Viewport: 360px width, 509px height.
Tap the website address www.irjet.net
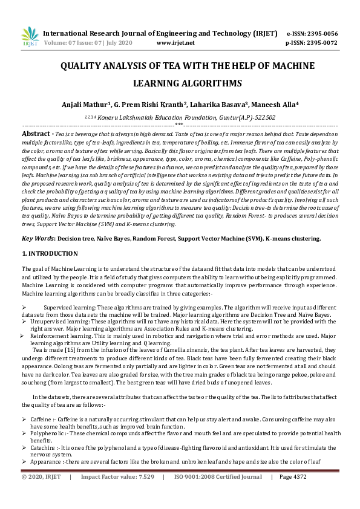pyautogui.click(x=175, y=44)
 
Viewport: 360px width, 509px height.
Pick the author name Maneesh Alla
pyautogui.click(x=270, y=105)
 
